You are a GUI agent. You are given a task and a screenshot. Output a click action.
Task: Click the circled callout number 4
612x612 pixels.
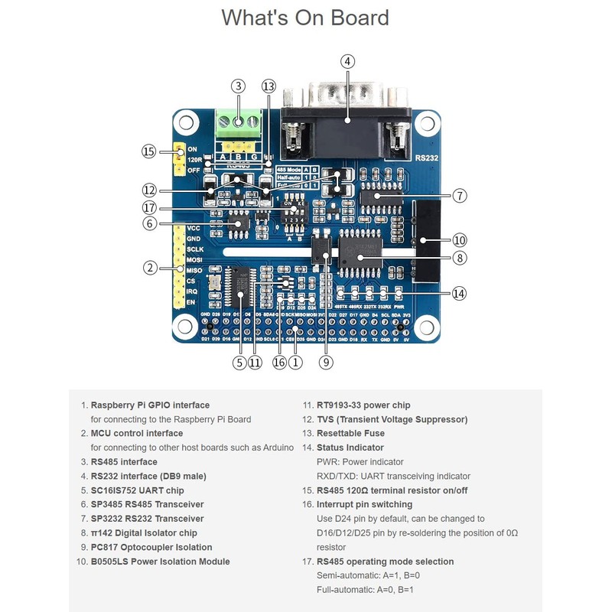tap(347, 61)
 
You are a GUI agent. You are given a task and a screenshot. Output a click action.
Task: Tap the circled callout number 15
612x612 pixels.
tap(148, 151)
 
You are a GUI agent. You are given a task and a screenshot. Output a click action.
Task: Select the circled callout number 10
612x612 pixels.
tap(459, 239)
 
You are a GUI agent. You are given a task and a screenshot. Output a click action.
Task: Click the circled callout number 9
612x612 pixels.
tap(327, 363)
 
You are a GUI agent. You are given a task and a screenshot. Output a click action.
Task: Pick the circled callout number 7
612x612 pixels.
tap(459, 195)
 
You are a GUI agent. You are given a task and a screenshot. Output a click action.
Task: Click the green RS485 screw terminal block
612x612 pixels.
tap(239, 120)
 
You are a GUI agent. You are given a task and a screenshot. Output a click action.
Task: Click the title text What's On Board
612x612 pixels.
tap(305, 18)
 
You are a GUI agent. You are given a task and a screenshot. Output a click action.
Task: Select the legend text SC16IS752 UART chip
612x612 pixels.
tap(137, 490)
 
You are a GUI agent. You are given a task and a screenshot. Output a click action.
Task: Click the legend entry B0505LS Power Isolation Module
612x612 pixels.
tap(160, 562)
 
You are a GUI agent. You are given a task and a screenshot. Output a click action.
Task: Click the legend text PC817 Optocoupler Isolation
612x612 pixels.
tap(151, 547)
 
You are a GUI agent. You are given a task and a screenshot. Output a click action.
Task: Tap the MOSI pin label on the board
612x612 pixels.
tap(194, 259)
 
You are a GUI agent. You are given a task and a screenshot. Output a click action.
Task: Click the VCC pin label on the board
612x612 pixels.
tap(194, 228)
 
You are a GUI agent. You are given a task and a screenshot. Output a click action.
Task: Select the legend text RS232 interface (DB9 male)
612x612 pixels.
tap(148, 476)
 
